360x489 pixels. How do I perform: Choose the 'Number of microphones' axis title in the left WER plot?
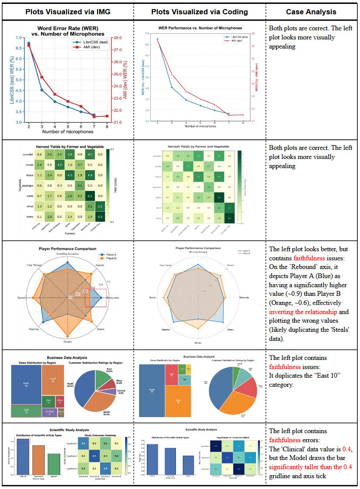pyautogui.click(x=68, y=132)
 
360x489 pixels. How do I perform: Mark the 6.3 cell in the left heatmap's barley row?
pyautogui.click(x=100, y=217)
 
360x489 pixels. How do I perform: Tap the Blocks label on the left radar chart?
pyautogui.click(x=67, y=342)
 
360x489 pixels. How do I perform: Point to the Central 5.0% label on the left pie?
pyautogui.click(x=121, y=393)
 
